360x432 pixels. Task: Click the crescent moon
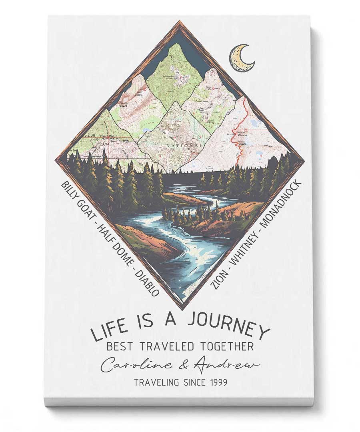[242, 59]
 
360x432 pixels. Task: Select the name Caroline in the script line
[132, 365]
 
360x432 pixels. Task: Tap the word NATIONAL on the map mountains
[184, 146]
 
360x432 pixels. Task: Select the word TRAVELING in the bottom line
[156, 382]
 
